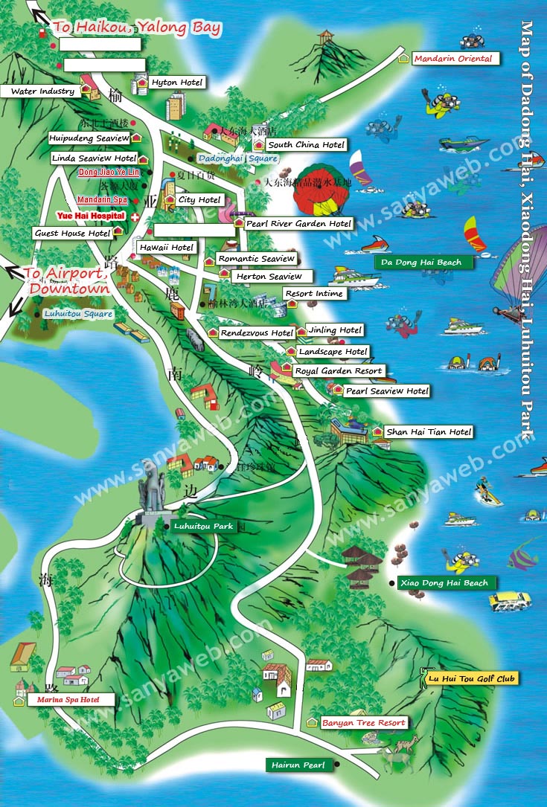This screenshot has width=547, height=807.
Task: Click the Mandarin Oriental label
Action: [x=453, y=59]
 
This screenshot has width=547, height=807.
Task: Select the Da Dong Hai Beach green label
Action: [x=421, y=262]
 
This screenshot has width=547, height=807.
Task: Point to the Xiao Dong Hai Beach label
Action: [x=445, y=582]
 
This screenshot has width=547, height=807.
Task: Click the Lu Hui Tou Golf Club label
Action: [x=471, y=678]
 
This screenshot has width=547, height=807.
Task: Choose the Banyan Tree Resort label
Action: [x=363, y=722]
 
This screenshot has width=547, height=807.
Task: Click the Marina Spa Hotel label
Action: [x=71, y=699]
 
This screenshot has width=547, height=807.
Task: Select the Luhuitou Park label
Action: [x=203, y=526]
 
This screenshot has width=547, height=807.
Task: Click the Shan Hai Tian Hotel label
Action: [x=429, y=431]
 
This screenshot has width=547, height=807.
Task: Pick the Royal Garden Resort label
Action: [x=339, y=370]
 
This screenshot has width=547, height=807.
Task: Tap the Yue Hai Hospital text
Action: [x=90, y=216]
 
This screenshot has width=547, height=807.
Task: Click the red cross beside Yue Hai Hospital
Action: [x=135, y=216]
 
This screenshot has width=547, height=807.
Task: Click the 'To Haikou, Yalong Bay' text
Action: [x=136, y=28]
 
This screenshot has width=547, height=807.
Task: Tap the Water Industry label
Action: [x=42, y=91]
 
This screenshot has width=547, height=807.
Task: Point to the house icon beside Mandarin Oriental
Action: [x=403, y=58]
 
